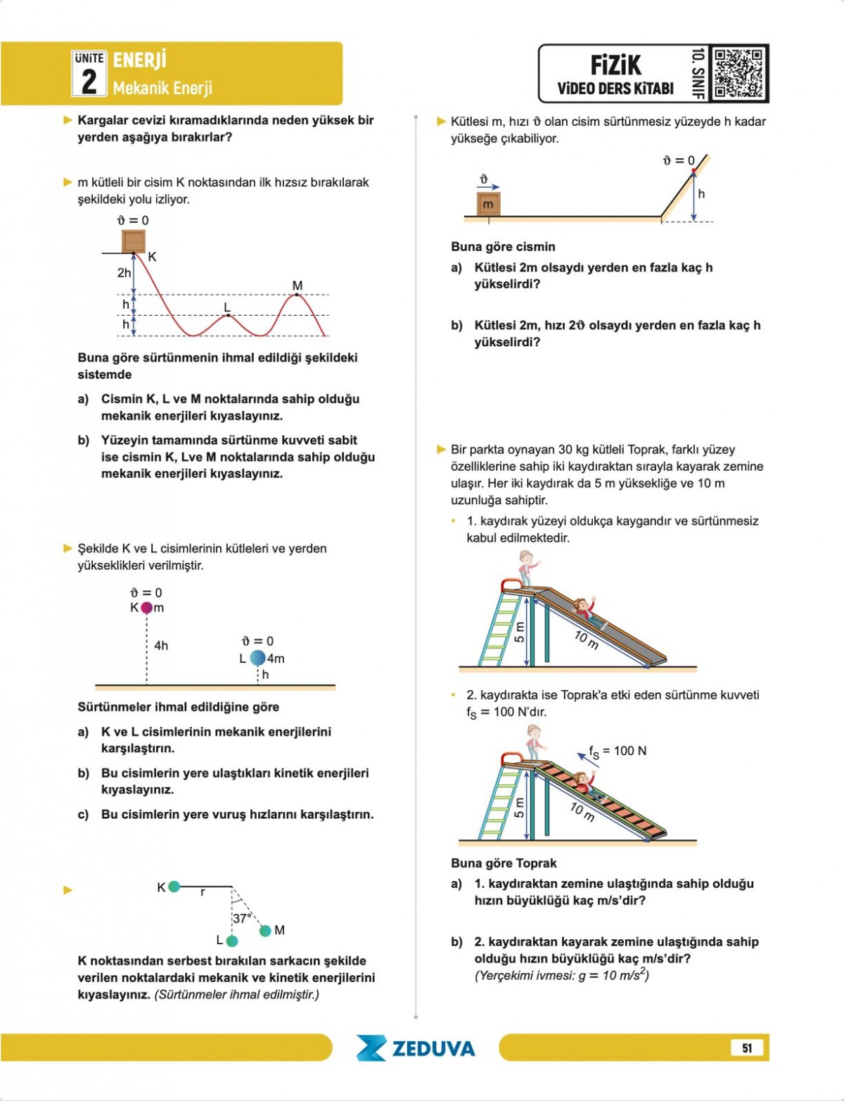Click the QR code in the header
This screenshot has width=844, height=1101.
point(738,73)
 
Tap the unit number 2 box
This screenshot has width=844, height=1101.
point(89,74)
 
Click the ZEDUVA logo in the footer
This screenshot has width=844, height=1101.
point(416,1048)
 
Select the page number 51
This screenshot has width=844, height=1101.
point(747,1048)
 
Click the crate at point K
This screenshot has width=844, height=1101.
point(134,241)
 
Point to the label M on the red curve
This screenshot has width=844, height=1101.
point(298,286)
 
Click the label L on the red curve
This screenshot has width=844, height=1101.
point(226,307)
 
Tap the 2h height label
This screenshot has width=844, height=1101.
point(124,273)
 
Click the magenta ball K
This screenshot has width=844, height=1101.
point(146,608)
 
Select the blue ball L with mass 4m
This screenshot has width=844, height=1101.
point(258,658)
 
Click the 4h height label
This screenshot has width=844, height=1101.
point(161,646)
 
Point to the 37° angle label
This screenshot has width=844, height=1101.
point(242,918)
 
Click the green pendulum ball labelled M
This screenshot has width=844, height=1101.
point(265,931)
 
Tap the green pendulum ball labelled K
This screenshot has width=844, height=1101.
point(174,887)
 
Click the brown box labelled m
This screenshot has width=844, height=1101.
point(488,204)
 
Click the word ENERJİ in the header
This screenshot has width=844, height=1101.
point(139,60)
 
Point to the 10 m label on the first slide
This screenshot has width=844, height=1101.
point(586,639)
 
